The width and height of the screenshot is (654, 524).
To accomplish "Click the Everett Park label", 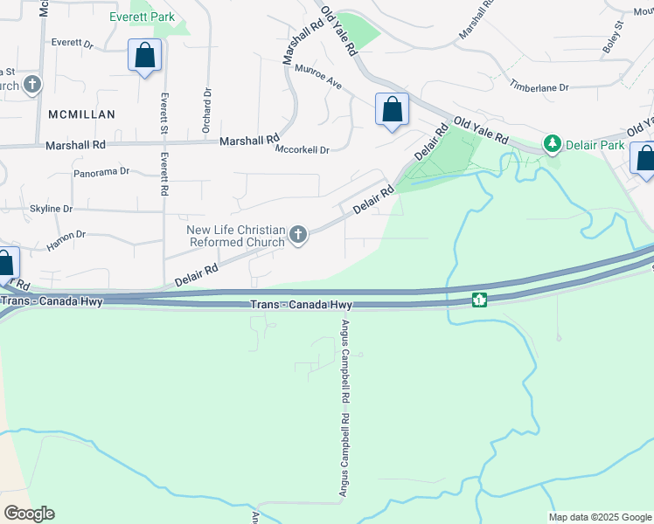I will coord(142,17).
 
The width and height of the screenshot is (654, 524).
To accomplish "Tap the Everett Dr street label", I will coord(72,42).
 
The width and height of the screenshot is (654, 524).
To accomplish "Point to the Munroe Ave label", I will coord(317,77).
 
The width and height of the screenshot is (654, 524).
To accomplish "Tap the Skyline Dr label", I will coord(51,209).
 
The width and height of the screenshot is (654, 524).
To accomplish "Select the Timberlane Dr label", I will coord(539,87).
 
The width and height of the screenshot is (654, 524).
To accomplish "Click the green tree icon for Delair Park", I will coord(552,142).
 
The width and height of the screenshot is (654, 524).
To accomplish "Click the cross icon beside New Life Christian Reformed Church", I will coord(298,235).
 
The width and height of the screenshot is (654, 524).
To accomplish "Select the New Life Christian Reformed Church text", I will coord(236,236).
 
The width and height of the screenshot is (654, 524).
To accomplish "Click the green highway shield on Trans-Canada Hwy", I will coord(479,300).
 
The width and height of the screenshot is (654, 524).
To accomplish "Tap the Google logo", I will coord(29,514).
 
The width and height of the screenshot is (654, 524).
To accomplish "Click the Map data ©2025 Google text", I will coord(599,517).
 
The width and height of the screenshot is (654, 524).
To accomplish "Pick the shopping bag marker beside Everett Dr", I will coord(144,56).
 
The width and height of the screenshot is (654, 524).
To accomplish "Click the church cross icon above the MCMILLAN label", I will coord(32,85).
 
